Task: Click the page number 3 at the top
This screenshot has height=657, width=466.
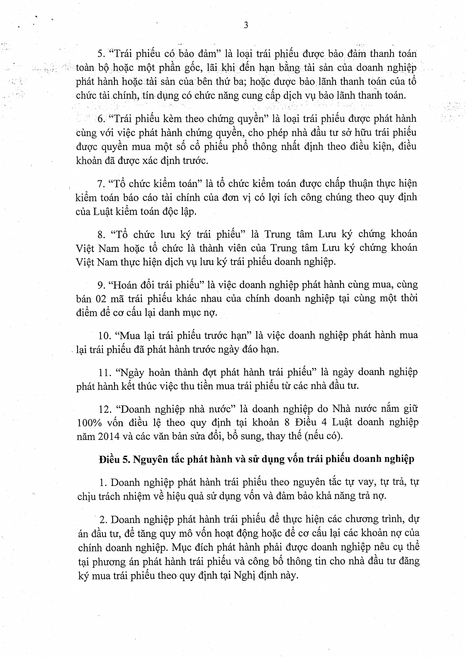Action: (x=245, y=26)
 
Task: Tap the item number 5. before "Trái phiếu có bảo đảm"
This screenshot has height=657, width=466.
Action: (x=101, y=53)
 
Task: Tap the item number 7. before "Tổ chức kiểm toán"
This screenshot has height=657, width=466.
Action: (x=101, y=183)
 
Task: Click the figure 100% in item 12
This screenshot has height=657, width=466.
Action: (x=88, y=422)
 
